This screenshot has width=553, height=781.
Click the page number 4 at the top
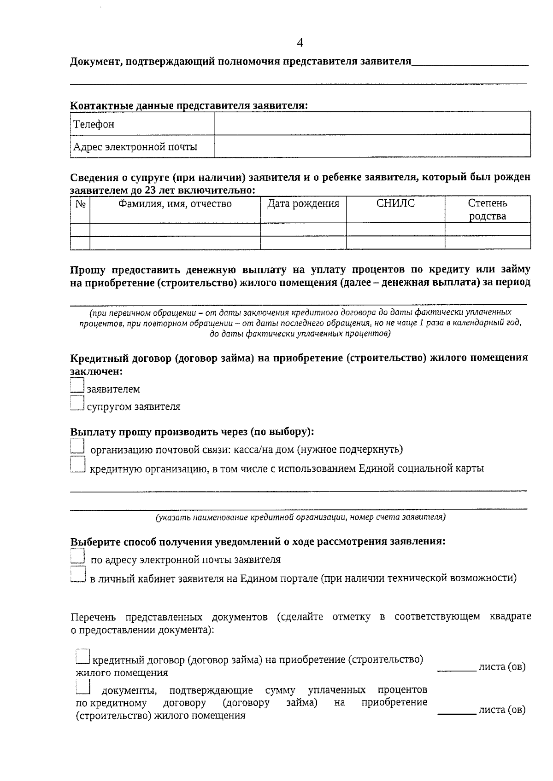(300, 43)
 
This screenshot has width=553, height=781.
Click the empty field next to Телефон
(372, 124)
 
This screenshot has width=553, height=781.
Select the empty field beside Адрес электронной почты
(372, 146)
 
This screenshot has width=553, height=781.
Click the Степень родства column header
(488, 209)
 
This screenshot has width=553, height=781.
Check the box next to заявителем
(77, 385)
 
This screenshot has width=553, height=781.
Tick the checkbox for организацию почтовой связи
(77, 446)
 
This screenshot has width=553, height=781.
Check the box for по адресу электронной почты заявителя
(77, 556)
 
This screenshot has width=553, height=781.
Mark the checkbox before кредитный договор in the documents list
(82, 656)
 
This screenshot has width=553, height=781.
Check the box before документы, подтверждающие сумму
(82, 687)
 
